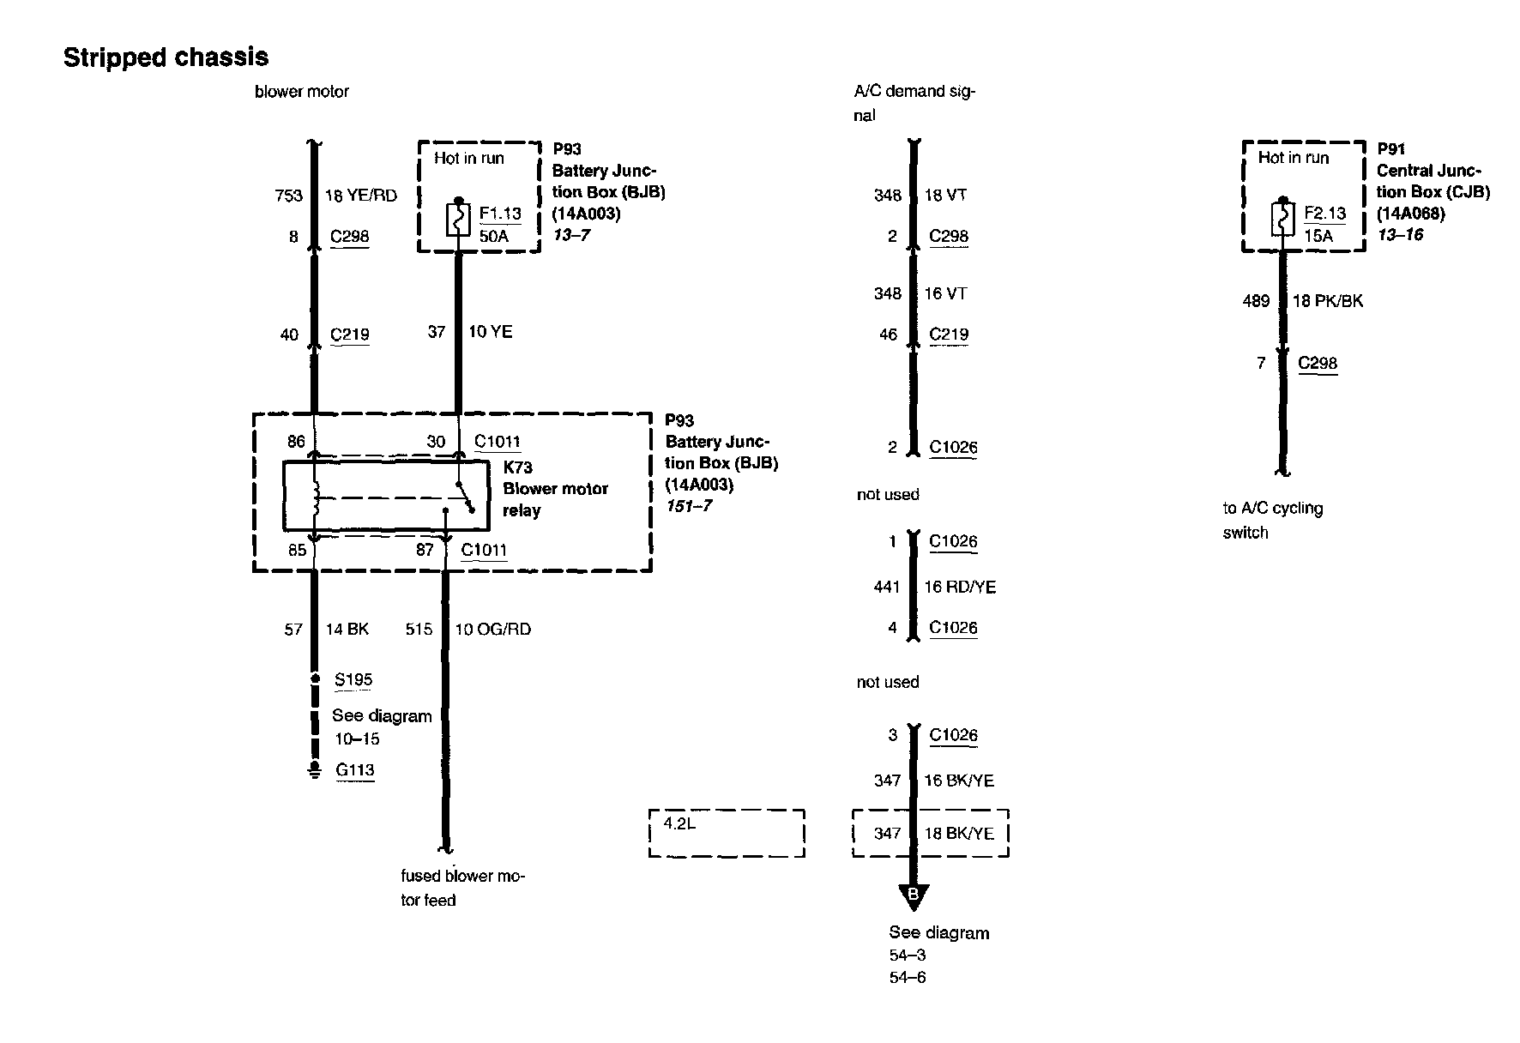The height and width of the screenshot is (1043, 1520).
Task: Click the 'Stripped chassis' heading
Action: (166, 57)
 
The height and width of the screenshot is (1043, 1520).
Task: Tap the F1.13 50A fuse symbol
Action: (459, 220)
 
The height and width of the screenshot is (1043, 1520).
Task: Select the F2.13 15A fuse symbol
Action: (1282, 220)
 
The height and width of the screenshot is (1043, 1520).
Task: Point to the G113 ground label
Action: (354, 769)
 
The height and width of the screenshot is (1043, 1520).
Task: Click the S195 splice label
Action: (353, 680)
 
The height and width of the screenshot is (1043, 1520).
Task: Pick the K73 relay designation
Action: (517, 467)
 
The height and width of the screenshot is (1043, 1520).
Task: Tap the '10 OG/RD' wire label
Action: (492, 630)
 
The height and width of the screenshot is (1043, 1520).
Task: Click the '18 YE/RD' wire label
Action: (360, 196)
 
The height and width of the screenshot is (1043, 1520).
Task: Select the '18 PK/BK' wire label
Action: (1327, 301)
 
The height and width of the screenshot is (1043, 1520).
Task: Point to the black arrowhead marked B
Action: (913, 896)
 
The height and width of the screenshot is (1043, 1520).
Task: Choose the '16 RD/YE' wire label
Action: (959, 588)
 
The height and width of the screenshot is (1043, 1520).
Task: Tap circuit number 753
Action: (289, 196)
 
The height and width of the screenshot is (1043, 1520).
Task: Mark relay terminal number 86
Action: (296, 442)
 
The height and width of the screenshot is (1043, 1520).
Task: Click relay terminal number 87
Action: (425, 550)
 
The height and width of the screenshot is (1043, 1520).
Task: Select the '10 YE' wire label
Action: (490, 332)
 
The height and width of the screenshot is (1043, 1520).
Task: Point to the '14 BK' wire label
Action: (347, 630)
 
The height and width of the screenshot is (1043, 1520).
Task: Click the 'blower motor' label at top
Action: (302, 92)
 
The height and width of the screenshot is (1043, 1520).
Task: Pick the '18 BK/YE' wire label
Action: (959, 834)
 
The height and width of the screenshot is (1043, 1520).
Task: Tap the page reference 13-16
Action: (1400, 235)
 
